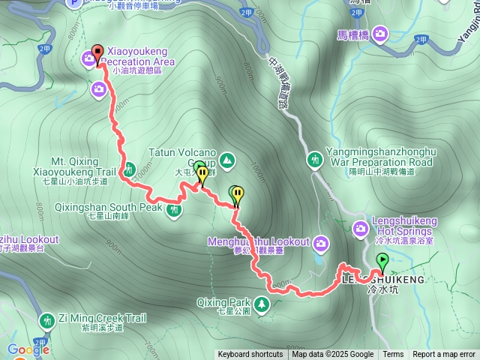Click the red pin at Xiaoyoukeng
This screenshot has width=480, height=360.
coord(96,52)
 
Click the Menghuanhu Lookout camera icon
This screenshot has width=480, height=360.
coord(321,242)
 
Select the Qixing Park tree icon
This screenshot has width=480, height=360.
coord(262,304)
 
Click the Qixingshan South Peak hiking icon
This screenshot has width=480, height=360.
coord(174,209)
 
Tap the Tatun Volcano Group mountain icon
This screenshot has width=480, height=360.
coord(226,160)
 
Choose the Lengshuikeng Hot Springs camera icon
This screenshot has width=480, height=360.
coord(379,222)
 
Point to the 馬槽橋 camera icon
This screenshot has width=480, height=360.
coord(380,33)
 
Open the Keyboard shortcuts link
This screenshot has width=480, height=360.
coord(250,355)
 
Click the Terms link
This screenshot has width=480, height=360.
coord(393,355)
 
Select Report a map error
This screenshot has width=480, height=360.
coord(444,355)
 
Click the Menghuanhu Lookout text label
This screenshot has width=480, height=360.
coord(261,241)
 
